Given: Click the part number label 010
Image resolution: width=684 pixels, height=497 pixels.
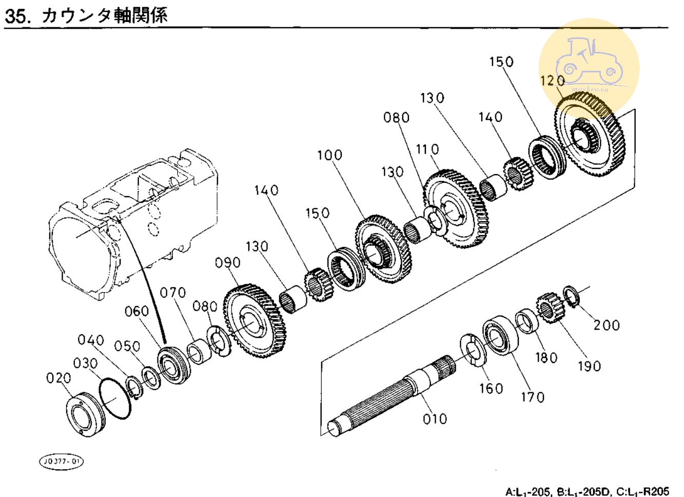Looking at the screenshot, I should [x=435, y=419].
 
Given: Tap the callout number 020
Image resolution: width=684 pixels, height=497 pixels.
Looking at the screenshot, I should [x=58, y=378].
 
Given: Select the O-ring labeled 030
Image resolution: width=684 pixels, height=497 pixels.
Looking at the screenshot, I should [x=115, y=399].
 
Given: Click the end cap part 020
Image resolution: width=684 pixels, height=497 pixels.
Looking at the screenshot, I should [x=85, y=414].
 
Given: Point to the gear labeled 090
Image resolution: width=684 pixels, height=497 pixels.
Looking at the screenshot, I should [x=255, y=321].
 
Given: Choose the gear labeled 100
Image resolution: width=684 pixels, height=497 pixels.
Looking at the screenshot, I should [x=383, y=249].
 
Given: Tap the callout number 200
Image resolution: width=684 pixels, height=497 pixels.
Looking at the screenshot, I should [x=607, y=325].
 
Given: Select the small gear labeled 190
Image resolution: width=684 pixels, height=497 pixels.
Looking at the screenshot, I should [x=550, y=308].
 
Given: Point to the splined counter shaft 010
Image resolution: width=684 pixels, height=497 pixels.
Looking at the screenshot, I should [x=390, y=395].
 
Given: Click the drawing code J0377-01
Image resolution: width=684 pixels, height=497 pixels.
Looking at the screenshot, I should [x=61, y=461].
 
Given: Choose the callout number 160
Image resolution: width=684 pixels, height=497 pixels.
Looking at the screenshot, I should [x=491, y=389].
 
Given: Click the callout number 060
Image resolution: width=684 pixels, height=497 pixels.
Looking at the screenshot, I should [x=136, y=311].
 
